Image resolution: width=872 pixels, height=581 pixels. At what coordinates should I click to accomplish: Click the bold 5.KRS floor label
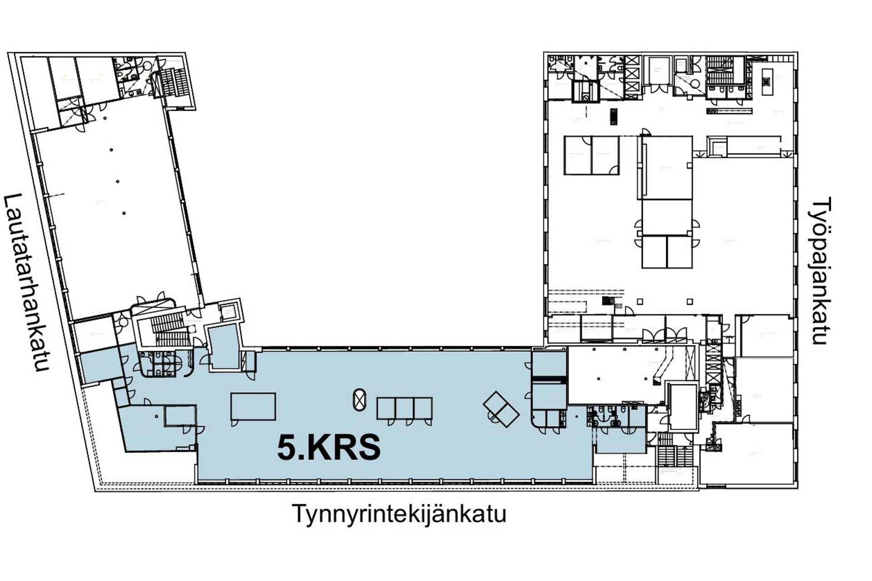point(329,448)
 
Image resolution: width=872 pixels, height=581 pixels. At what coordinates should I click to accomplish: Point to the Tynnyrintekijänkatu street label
point(399,514)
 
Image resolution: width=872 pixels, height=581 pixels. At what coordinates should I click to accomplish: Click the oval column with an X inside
point(359,400)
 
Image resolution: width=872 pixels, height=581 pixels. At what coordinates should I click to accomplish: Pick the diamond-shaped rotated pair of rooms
point(501,409)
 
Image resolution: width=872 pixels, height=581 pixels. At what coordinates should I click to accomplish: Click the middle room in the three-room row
point(404,408)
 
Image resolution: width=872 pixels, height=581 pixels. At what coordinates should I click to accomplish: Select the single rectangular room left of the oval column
point(253,407)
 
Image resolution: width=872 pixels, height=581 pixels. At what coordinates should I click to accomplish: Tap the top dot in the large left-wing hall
point(111,150)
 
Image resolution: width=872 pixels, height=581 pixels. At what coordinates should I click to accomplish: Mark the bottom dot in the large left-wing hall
point(124,213)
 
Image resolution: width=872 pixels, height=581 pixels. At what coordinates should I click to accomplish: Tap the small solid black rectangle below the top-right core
point(614,116)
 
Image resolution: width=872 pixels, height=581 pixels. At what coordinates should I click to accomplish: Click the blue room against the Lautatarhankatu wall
point(99,366)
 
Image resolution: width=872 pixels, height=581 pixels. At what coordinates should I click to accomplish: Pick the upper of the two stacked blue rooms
point(549,364)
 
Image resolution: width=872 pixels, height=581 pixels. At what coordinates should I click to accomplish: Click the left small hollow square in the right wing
point(640,302)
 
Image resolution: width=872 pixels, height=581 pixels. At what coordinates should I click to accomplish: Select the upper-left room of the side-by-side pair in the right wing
point(578,155)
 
